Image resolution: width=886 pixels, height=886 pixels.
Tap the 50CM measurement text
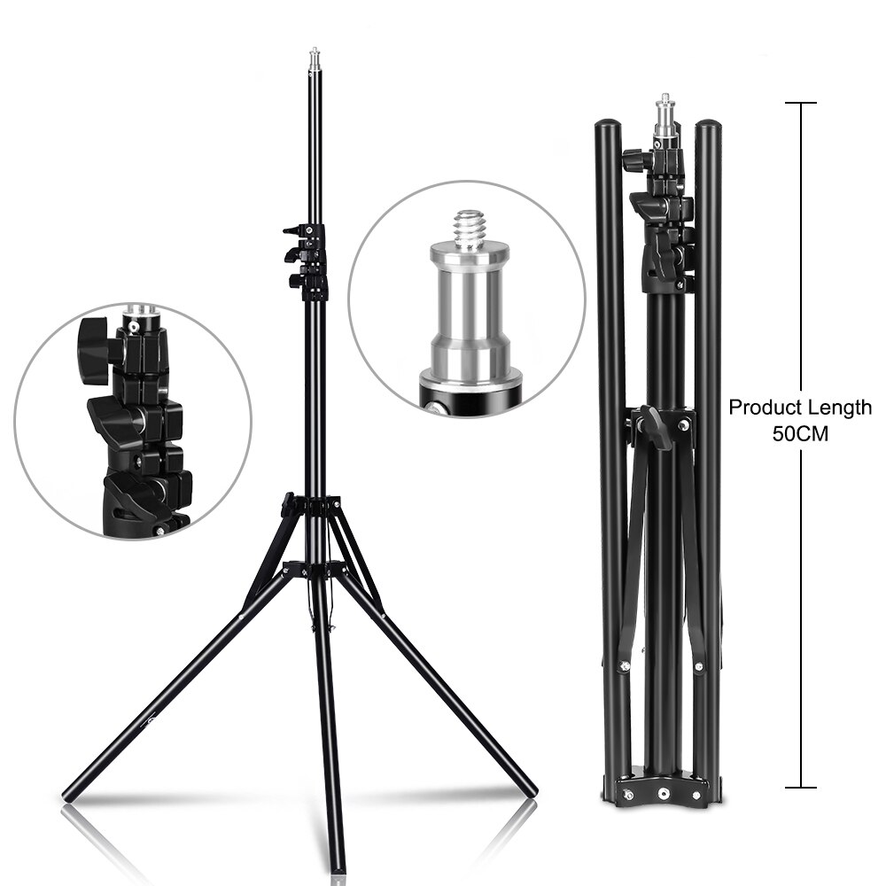[x=801, y=436]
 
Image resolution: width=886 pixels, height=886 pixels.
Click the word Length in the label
[x=839, y=408]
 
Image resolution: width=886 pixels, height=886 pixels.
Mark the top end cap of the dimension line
[x=801, y=104]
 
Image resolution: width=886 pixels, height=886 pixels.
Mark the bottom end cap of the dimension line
[x=801, y=786]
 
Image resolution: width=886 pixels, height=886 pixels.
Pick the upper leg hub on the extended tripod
[x=311, y=506]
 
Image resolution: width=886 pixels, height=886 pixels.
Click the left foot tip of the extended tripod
[x=70, y=794]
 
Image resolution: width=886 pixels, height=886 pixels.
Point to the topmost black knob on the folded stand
[x=635, y=161]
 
